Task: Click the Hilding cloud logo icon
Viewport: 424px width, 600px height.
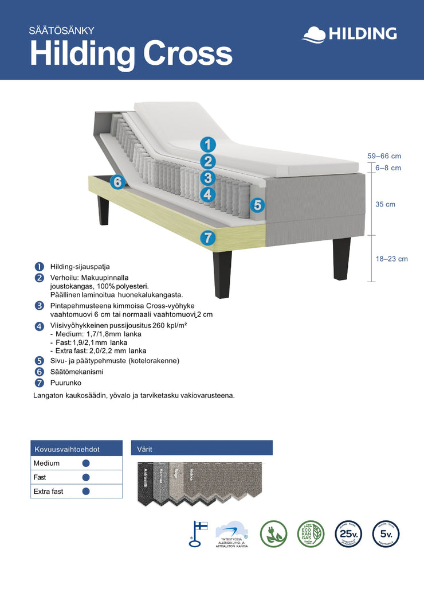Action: [x=313, y=34]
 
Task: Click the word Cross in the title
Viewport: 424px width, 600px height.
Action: [x=187, y=54]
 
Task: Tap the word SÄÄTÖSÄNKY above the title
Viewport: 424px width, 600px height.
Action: [x=65, y=30]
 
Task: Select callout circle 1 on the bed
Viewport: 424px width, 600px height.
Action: [x=208, y=145]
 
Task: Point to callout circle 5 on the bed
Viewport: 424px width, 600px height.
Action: [x=257, y=205]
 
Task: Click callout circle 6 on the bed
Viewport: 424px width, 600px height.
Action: [x=117, y=182]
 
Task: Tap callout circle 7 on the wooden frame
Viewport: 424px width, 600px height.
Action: [x=207, y=237]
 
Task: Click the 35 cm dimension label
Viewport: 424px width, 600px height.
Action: [x=385, y=204]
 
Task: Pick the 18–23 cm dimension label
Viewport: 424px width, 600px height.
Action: [x=392, y=259]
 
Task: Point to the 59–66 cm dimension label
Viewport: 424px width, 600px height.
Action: [x=384, y=156]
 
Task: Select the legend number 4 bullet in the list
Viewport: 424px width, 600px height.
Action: [x=39, y=326]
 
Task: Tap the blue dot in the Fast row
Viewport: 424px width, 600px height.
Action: [x=86, y=477]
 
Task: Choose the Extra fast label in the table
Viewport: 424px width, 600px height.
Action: [x=48, y=492]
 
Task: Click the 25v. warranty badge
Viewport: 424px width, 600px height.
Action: [x=348, y=533]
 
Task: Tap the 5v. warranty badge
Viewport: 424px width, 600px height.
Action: [x=386, y=533]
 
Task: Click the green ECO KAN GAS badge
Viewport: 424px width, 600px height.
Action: [x=311, y=533]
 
